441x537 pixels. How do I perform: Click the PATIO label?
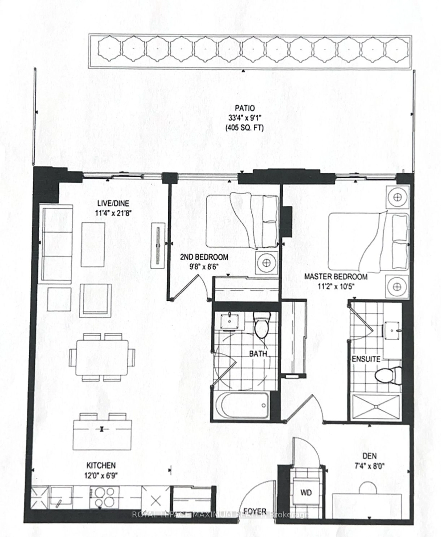tap(244, 108)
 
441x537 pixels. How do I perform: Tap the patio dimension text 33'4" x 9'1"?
tap(244, 118)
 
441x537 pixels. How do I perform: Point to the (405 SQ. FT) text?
tap(244, 128)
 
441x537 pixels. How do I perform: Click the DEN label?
tap(369, 456)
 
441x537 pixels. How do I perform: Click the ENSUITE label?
tap(366, 359)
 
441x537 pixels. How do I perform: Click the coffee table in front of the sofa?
tap(93, 245)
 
